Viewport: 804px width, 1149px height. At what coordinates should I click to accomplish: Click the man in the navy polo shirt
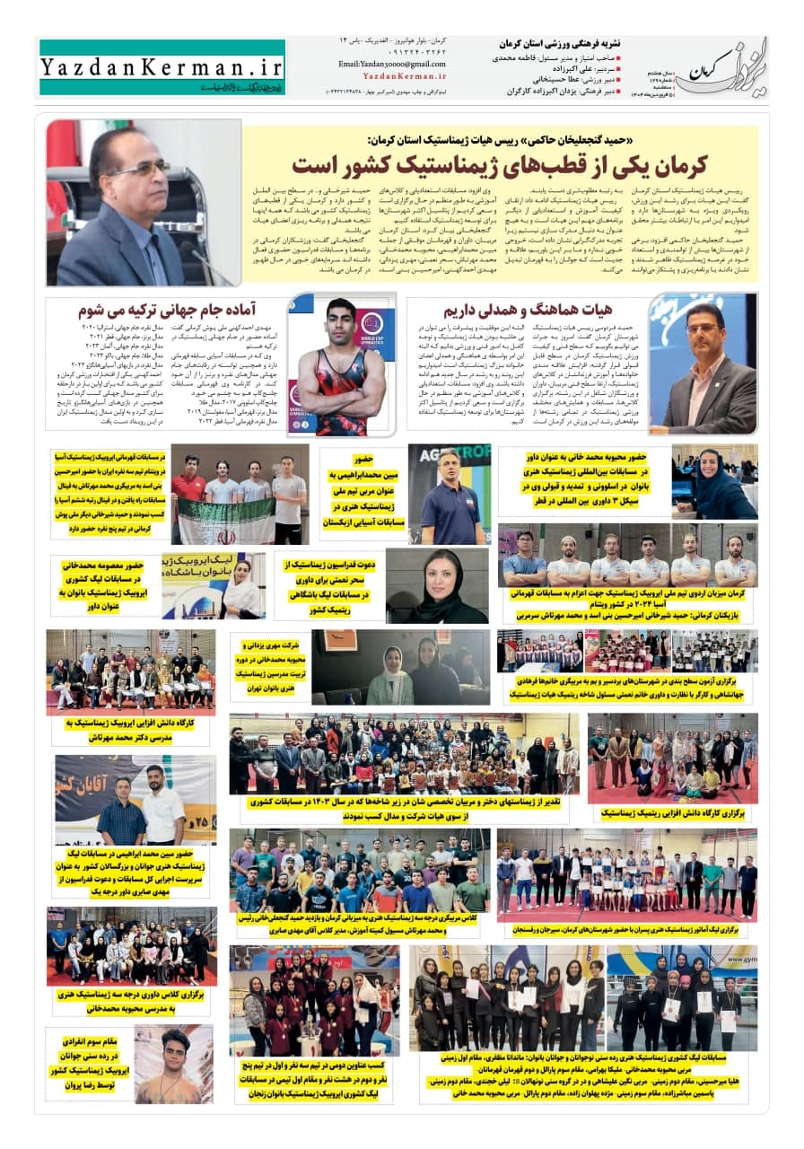[x=448, y=498]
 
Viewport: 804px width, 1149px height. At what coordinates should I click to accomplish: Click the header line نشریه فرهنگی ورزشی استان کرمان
[x=556, y=43]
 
